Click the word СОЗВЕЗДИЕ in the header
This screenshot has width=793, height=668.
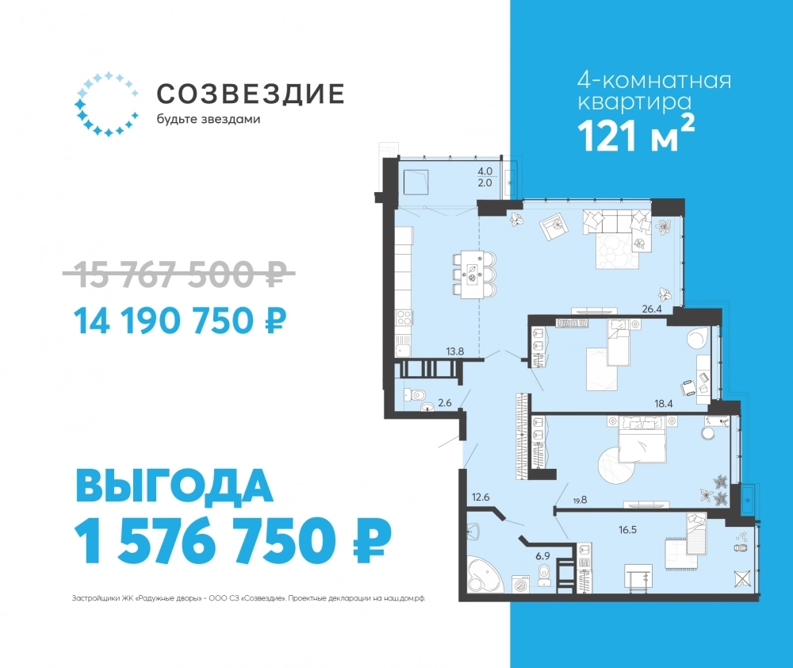[x=251, y=94]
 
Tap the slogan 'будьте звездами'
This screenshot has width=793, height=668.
[x=209, y=120]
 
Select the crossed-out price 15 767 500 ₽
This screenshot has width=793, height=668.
[x=179, y=274]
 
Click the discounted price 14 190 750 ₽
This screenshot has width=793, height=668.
[x=180, y=321]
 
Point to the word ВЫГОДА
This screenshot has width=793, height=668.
[x=174, y=486]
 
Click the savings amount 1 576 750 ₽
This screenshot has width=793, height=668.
[x=233, y=541]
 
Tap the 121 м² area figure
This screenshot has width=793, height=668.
[x=636, y=134]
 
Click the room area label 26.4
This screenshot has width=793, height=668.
[x=652, y=309]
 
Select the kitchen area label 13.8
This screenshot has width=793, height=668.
[x=455, y=351]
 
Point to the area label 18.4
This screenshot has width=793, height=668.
[x=664, y=403]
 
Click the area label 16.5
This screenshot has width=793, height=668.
[x=627, y=530]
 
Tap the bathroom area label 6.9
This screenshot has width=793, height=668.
[x=542, y=555]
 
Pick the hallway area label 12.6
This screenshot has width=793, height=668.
[x=481, y=497]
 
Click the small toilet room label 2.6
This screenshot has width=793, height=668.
[x=445, y=403]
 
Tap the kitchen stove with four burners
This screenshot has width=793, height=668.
[x=404, y=318]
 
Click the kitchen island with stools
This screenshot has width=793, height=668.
[x=474, y=274]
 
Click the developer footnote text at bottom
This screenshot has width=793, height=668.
[x=248, y=598]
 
